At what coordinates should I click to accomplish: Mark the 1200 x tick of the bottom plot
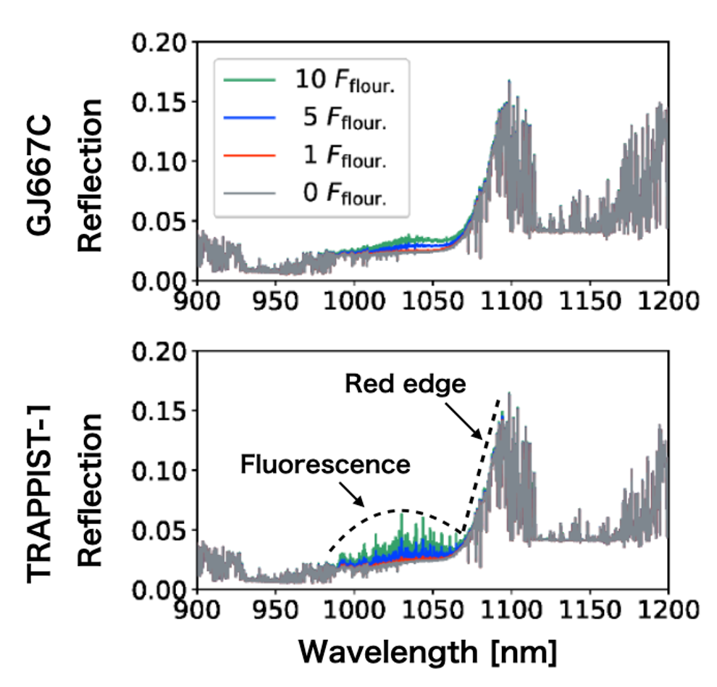[x=666, y=607]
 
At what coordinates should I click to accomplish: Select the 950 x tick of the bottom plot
[x=276, y=607]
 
